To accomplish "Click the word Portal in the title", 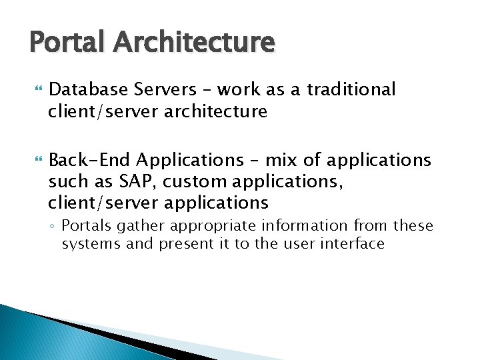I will point(66,42).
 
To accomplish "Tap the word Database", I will point(87,89).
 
